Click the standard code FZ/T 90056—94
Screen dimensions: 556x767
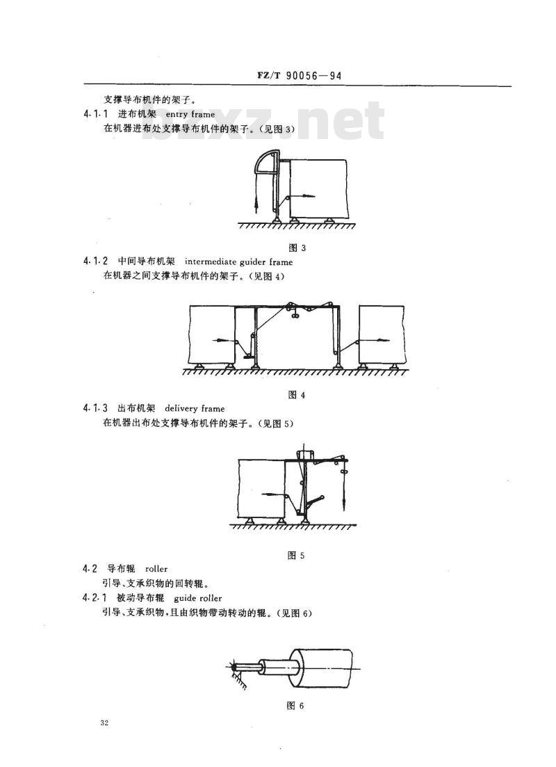(299, 75)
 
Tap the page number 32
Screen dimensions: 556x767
(104, 723)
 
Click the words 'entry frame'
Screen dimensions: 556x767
(190, 115)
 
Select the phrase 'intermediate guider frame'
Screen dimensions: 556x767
(238, 261)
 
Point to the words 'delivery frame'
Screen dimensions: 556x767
(195, 408)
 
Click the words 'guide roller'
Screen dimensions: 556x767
(197, 598)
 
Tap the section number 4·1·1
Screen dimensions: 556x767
(95, 115)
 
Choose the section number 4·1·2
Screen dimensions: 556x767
(95, 261)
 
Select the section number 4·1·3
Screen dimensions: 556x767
(95, 408)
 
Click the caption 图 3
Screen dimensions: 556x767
(297, 248)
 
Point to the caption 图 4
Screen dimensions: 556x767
(296, 395)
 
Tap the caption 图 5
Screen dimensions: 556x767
(296, 555)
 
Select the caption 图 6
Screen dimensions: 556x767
(295, 706)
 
